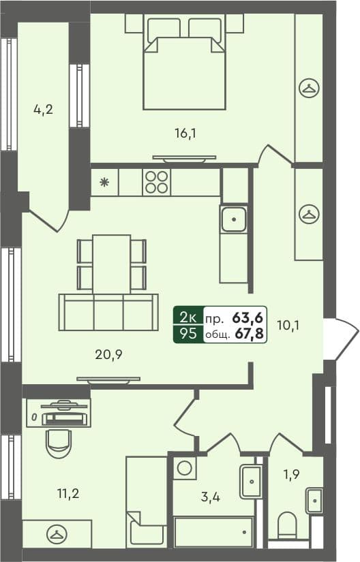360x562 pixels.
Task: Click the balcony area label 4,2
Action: pyautogui.click(x=43, y=110)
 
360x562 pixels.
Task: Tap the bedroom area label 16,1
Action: pyautogui.click(x=185, y=134)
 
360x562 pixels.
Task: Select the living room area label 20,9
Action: pyautogui.click(x=108, y=354)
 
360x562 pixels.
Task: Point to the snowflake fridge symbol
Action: pyautogui.click(x=104, y=182)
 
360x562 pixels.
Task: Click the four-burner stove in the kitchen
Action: pyautogui.click(x=155, y=182)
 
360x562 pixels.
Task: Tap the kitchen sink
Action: pyautogui.click(x=234, y=219)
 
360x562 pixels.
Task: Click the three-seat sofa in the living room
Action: pyautogui.click(x=108, y=313)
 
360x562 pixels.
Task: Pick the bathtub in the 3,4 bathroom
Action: pyautogui.click(x=214, y=532)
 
